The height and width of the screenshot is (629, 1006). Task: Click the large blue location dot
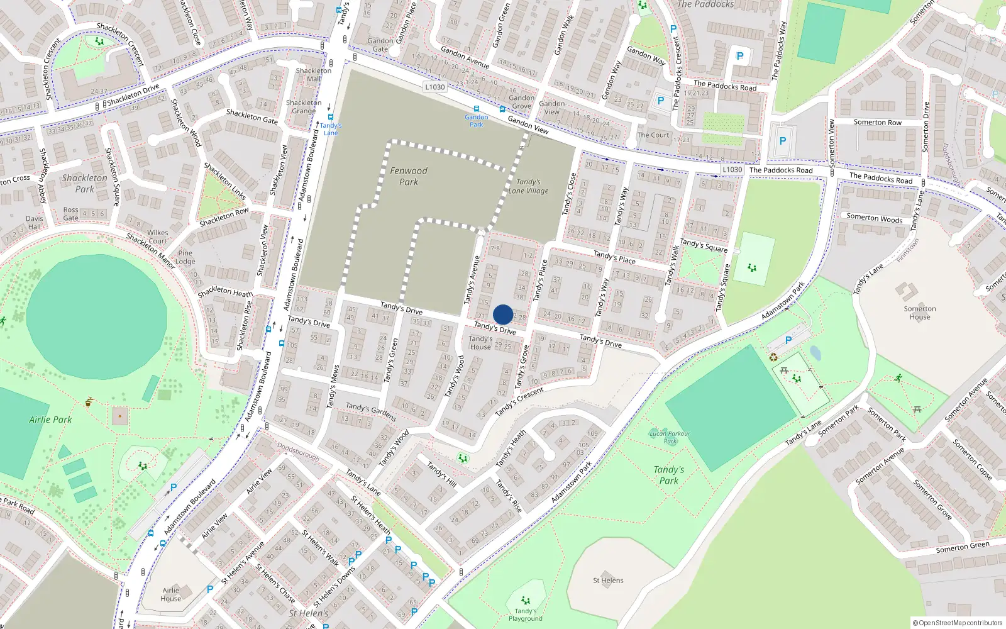click(x=503, y=314)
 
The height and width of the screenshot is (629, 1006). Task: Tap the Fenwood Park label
click(x=409, y=176)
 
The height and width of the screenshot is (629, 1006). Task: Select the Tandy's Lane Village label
click(x=528, y=186)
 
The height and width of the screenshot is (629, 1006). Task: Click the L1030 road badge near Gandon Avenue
click(x=434, y=87)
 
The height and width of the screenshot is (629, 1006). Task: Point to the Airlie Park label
click(x=50, y=420)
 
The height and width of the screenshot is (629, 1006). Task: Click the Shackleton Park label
click(x=84, y=184)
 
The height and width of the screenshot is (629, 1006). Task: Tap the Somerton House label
click(x=920, y=313)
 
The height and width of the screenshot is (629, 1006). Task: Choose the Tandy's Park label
click(x=668, y=475)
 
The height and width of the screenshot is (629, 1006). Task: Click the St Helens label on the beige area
click(x=608, y=581)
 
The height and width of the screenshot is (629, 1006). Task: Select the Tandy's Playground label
click(x=526, y=615)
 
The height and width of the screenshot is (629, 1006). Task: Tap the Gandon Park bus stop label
click(x=476, y=120)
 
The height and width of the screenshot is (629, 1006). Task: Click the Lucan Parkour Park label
click(x=670, y=437)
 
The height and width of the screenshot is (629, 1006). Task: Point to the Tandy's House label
click(x=480, y=343)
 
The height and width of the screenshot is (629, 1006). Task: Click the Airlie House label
click(x=171, y=594)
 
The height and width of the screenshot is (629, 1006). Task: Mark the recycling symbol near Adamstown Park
click(x=773, y=357)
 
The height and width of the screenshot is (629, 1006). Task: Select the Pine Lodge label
click(x=185, y=257)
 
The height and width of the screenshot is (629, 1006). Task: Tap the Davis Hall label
click(x=35, y=223)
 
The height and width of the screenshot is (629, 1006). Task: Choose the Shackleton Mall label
click(x=313, y=75)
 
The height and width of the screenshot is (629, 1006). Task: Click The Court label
click(x=653, y=135)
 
